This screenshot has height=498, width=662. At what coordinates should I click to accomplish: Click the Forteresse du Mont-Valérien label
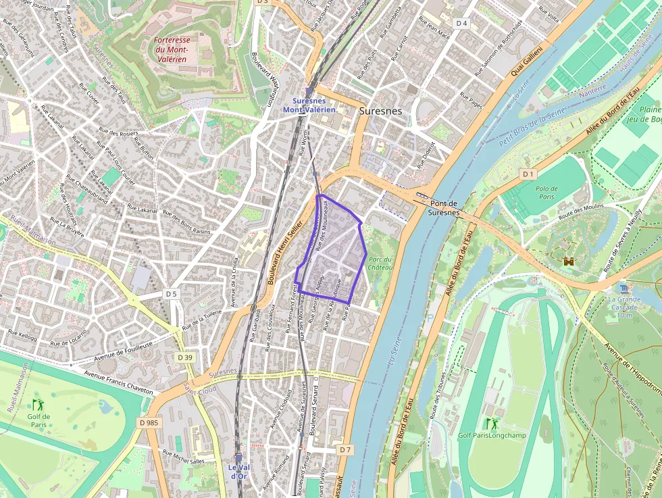click(x=172, y=49)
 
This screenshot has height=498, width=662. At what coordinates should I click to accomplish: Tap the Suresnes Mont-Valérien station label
click(x=309, y=105)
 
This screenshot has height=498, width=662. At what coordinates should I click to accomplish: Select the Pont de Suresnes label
click(x=444, y=208)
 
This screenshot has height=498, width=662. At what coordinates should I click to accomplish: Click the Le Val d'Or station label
click(x=238, y=472)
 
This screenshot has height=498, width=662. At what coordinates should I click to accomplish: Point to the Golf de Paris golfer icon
click(x=38, y=404)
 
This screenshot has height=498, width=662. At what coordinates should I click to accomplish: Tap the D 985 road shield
click(x=149, y=422)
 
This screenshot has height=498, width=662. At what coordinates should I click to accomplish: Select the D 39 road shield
click(x=185, y=357)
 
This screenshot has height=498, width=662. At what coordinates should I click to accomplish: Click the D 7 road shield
click(x=345, y=449)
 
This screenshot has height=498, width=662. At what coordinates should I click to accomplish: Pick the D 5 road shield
click(x=171, y=294)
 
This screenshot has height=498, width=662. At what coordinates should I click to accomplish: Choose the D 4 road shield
click(x=461, y=23)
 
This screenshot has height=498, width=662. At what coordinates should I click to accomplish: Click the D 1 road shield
click(x=528, y=174)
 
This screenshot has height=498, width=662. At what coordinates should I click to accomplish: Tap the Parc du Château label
click(x=380, y=263)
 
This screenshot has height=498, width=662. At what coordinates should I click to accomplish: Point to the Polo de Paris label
click(x=546, y=193)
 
